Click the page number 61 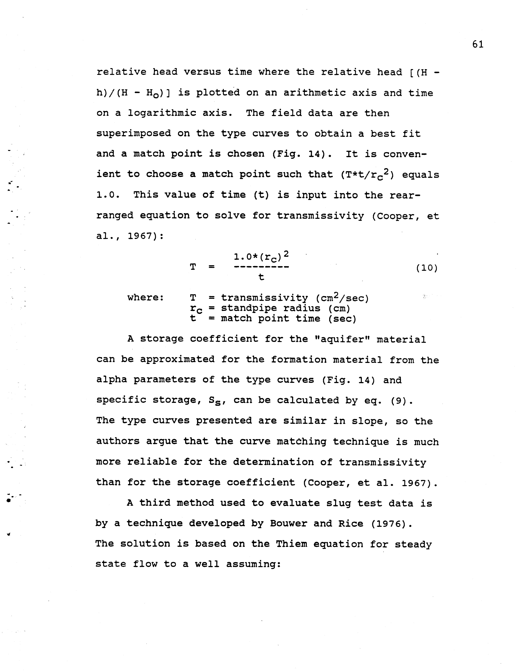coord(478,45)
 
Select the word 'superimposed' coord(134,134)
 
